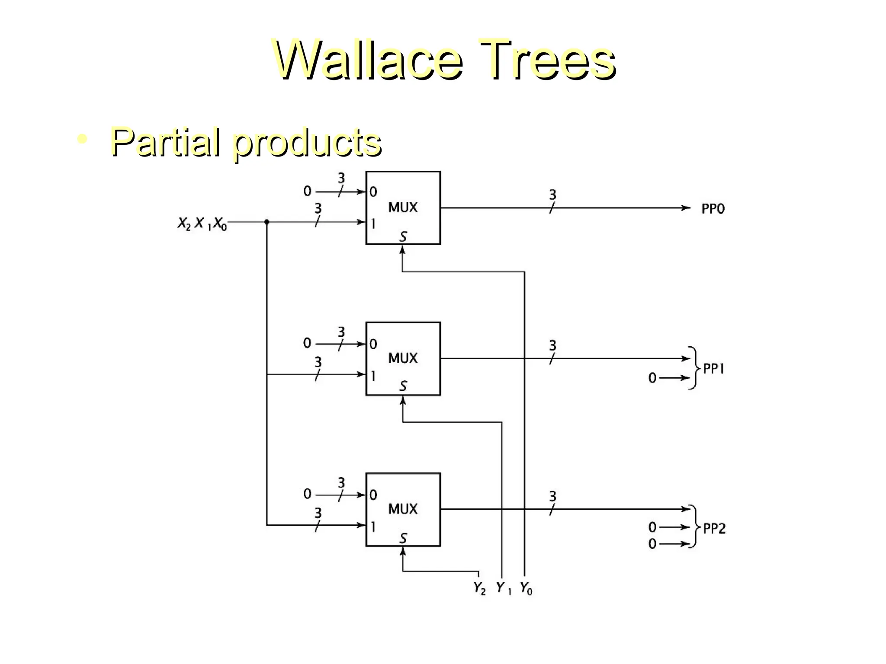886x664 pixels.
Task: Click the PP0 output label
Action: tap(713, 209)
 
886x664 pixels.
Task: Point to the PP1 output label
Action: tap(713, 368)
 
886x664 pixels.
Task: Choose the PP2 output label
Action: tap(714, 528)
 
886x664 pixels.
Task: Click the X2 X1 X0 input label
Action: tap(202, 223)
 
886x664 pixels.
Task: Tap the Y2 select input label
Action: tap(479, 588)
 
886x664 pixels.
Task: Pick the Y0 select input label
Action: tap(526, 588)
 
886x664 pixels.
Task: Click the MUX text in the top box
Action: tap(403, 207)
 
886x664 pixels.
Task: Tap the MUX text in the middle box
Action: tap(403, 358)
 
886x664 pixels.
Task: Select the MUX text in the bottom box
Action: tap(403, 509)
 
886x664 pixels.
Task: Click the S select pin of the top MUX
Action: tap(403, 236)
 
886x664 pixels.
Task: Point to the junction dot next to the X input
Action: tap(267, 222)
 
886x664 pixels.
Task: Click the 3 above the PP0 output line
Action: tap(552, 195)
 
